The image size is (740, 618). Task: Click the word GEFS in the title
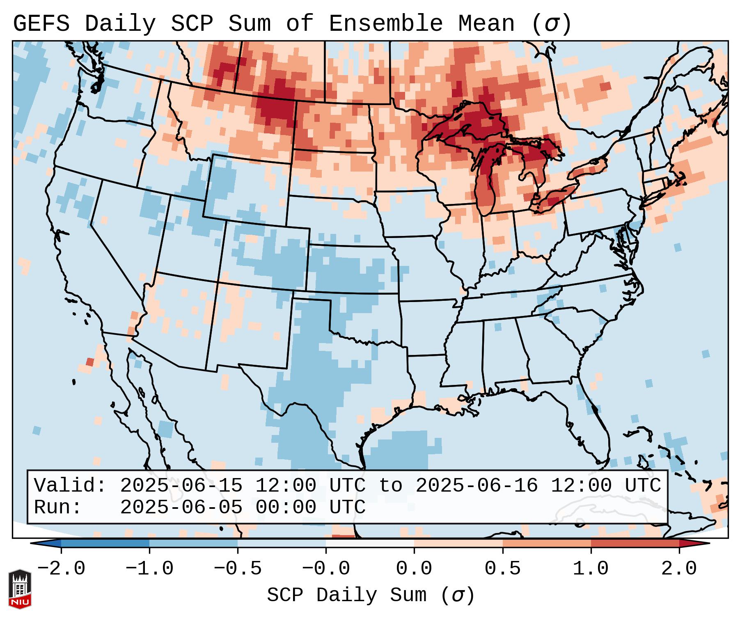click(41, 24)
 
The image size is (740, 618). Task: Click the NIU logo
click(20, 589)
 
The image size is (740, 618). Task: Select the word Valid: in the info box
click(70, 486)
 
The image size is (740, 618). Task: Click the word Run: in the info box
click(57, 507)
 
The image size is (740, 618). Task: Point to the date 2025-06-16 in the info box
click(477, 486)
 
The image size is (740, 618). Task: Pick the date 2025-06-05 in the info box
click(181, 507)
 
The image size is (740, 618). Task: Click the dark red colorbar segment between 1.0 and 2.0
click(635, 543)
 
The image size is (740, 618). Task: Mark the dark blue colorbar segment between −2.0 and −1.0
click(105, 543)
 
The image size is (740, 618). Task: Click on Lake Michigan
click(486, 185)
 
